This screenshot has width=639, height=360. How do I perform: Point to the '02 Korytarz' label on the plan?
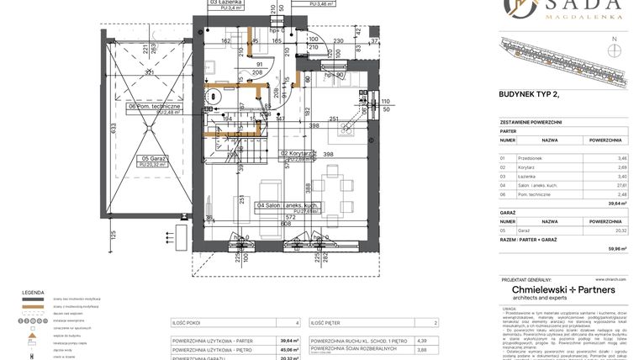click(x=297, y=155)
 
